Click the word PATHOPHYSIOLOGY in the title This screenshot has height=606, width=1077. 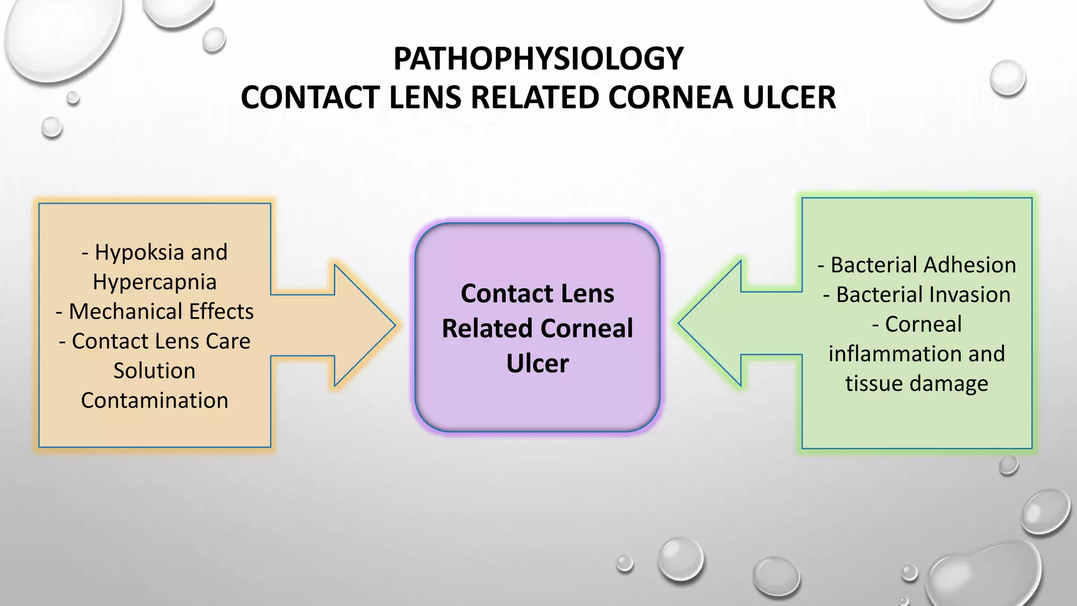click(x=538, y=58)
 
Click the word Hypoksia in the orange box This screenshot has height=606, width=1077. click(x=139, y=252)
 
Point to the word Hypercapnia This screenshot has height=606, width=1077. click(x=155, y=282)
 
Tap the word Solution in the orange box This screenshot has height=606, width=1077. click(x=155, y=371)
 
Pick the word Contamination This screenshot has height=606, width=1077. click(x=155, y=400)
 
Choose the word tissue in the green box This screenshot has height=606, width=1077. click(x=870, y=383)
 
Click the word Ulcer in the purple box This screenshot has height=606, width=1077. click(x=537, y=363)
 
